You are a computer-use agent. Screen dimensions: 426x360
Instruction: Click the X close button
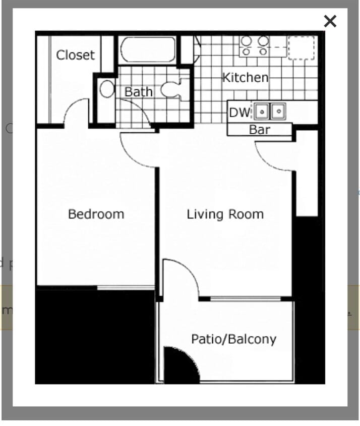click(330, 21)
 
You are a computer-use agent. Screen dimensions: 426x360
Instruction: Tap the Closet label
click(75, 55)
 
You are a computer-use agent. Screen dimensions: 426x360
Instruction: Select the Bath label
click(138, 92)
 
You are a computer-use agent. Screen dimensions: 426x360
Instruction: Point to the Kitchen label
click(245, 77)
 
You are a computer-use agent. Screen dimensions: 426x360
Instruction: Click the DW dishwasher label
click(239, 112)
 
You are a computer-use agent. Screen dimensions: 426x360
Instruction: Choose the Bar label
click(259, 130)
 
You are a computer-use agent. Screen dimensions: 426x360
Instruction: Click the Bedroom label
click(96, 214)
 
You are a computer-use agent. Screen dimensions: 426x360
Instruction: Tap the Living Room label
click(225, 214)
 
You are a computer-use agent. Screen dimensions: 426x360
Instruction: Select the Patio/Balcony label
click(233, 339)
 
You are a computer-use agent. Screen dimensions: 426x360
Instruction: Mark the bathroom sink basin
click(107, 89)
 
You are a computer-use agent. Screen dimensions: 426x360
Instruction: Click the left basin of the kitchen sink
click(262, 111)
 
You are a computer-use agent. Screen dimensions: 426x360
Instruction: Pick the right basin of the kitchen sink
click(278, 111)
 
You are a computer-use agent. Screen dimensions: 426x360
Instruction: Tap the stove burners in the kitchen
click(254, 45)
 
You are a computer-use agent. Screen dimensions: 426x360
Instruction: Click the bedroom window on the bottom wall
click(126, 287)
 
